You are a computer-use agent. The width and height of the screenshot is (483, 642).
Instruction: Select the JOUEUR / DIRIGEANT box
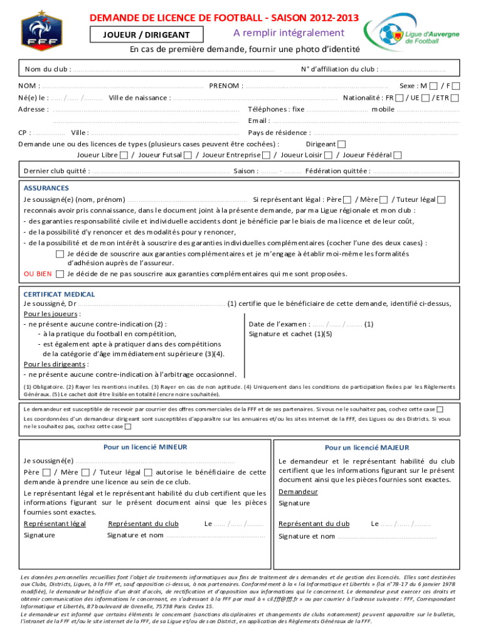click(146, 34)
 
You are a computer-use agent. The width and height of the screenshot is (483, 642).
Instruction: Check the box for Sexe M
click(433, 86)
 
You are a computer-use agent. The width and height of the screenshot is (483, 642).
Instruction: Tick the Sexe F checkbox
click(455, 86)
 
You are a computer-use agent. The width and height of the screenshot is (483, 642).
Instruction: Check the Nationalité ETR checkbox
click(455, 98)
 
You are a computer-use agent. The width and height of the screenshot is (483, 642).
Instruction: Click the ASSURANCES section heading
click(46, 188)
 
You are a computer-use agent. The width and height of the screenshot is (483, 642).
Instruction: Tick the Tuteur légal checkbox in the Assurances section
click(441, 199)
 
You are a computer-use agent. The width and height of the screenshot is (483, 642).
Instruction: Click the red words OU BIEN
click(37, 274)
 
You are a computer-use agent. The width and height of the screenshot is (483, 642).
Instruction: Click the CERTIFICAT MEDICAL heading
click(59, 294)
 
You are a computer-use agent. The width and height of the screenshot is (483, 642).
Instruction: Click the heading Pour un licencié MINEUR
click(145, 447)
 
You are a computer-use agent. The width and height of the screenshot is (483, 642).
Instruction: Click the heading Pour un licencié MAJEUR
click(367, 448)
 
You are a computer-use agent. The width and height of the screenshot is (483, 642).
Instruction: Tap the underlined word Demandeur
click(298, 492)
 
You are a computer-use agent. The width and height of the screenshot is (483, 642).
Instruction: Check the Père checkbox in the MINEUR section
click(47, 472)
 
